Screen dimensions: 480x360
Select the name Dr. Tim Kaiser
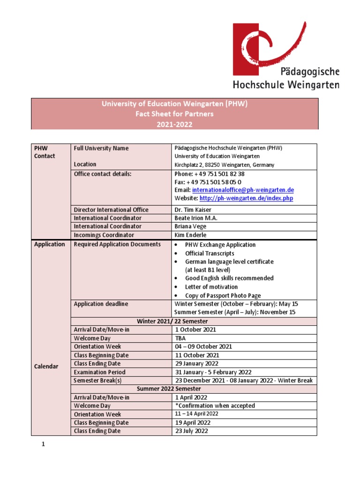pos(193,210)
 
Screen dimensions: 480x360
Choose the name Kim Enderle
pos(190,235)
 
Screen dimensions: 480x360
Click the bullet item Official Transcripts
pos(210,253)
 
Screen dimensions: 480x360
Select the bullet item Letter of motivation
pos(211,287)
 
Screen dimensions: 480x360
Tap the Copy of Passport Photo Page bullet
pos(223,296)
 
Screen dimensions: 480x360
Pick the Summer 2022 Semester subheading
pos(169,389)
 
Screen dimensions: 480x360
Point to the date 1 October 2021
pos(195,330)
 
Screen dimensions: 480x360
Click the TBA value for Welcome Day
pos(180,338)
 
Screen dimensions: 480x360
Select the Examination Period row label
pos(99,372)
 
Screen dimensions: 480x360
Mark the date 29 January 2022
pos(196,363)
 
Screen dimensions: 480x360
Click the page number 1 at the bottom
pos(43,445)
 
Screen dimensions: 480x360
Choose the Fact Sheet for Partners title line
pos(174,114)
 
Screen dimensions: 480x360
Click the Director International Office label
pos(111,210)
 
